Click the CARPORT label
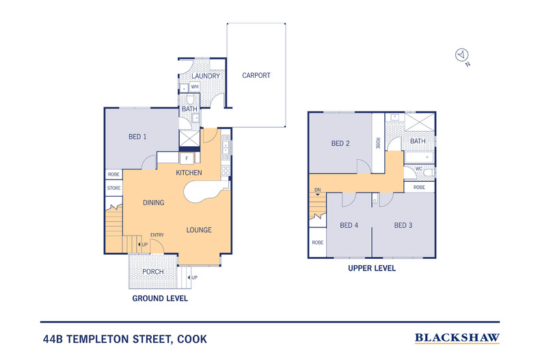click(x=256, y=76)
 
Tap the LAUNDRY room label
click(x=206, y=76)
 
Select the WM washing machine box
click(x=195, y=87)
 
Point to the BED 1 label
click(x=137, y=137)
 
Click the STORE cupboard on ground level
click(x=113, y=188)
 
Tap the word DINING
click(x=154, y=203)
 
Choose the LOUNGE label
click(x=199, y=230)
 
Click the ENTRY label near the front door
click(x=157, y=236)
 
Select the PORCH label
click(x=152, y=272)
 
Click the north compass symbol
click(x=462, y=55)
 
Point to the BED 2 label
click(x=340, y=143)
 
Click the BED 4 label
click(x=349, y=225)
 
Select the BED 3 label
click(x=403, y=225)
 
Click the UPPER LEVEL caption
click(x=372, y=268)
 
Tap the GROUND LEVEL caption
click(x=160, y=299)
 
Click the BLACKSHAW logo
click(x=457, y=337)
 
